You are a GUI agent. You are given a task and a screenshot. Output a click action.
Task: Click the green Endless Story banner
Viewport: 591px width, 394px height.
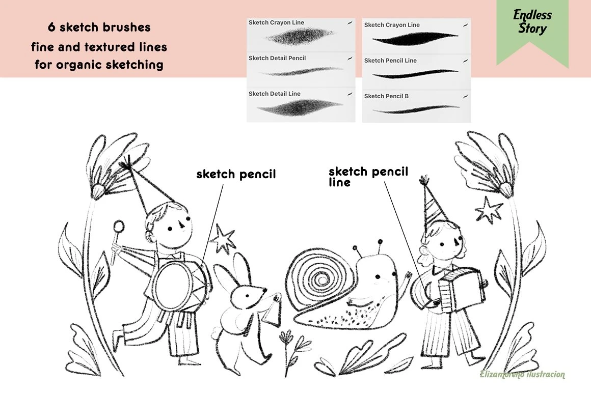(x=532, y=30)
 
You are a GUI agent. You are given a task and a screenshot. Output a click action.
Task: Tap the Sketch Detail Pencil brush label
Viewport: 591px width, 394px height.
(x=277, y=58)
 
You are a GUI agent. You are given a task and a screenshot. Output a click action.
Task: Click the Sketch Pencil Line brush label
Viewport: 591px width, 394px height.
(x=390, y=60)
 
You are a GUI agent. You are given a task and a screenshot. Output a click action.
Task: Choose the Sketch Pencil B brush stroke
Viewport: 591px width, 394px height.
(x=416, y=109)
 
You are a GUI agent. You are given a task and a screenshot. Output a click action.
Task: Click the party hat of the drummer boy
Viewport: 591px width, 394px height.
(x=140, y=185)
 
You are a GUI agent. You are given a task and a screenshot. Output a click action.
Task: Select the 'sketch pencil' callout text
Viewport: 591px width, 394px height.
(x=236, y=174)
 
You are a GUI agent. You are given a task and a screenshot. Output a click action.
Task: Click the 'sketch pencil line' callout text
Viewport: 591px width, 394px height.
(x=368, y=176)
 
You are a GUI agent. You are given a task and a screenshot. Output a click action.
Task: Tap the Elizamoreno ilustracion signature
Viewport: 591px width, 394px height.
(x=522, y=375)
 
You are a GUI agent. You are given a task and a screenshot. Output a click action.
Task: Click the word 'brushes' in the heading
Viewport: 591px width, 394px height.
(x=127, y=27)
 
